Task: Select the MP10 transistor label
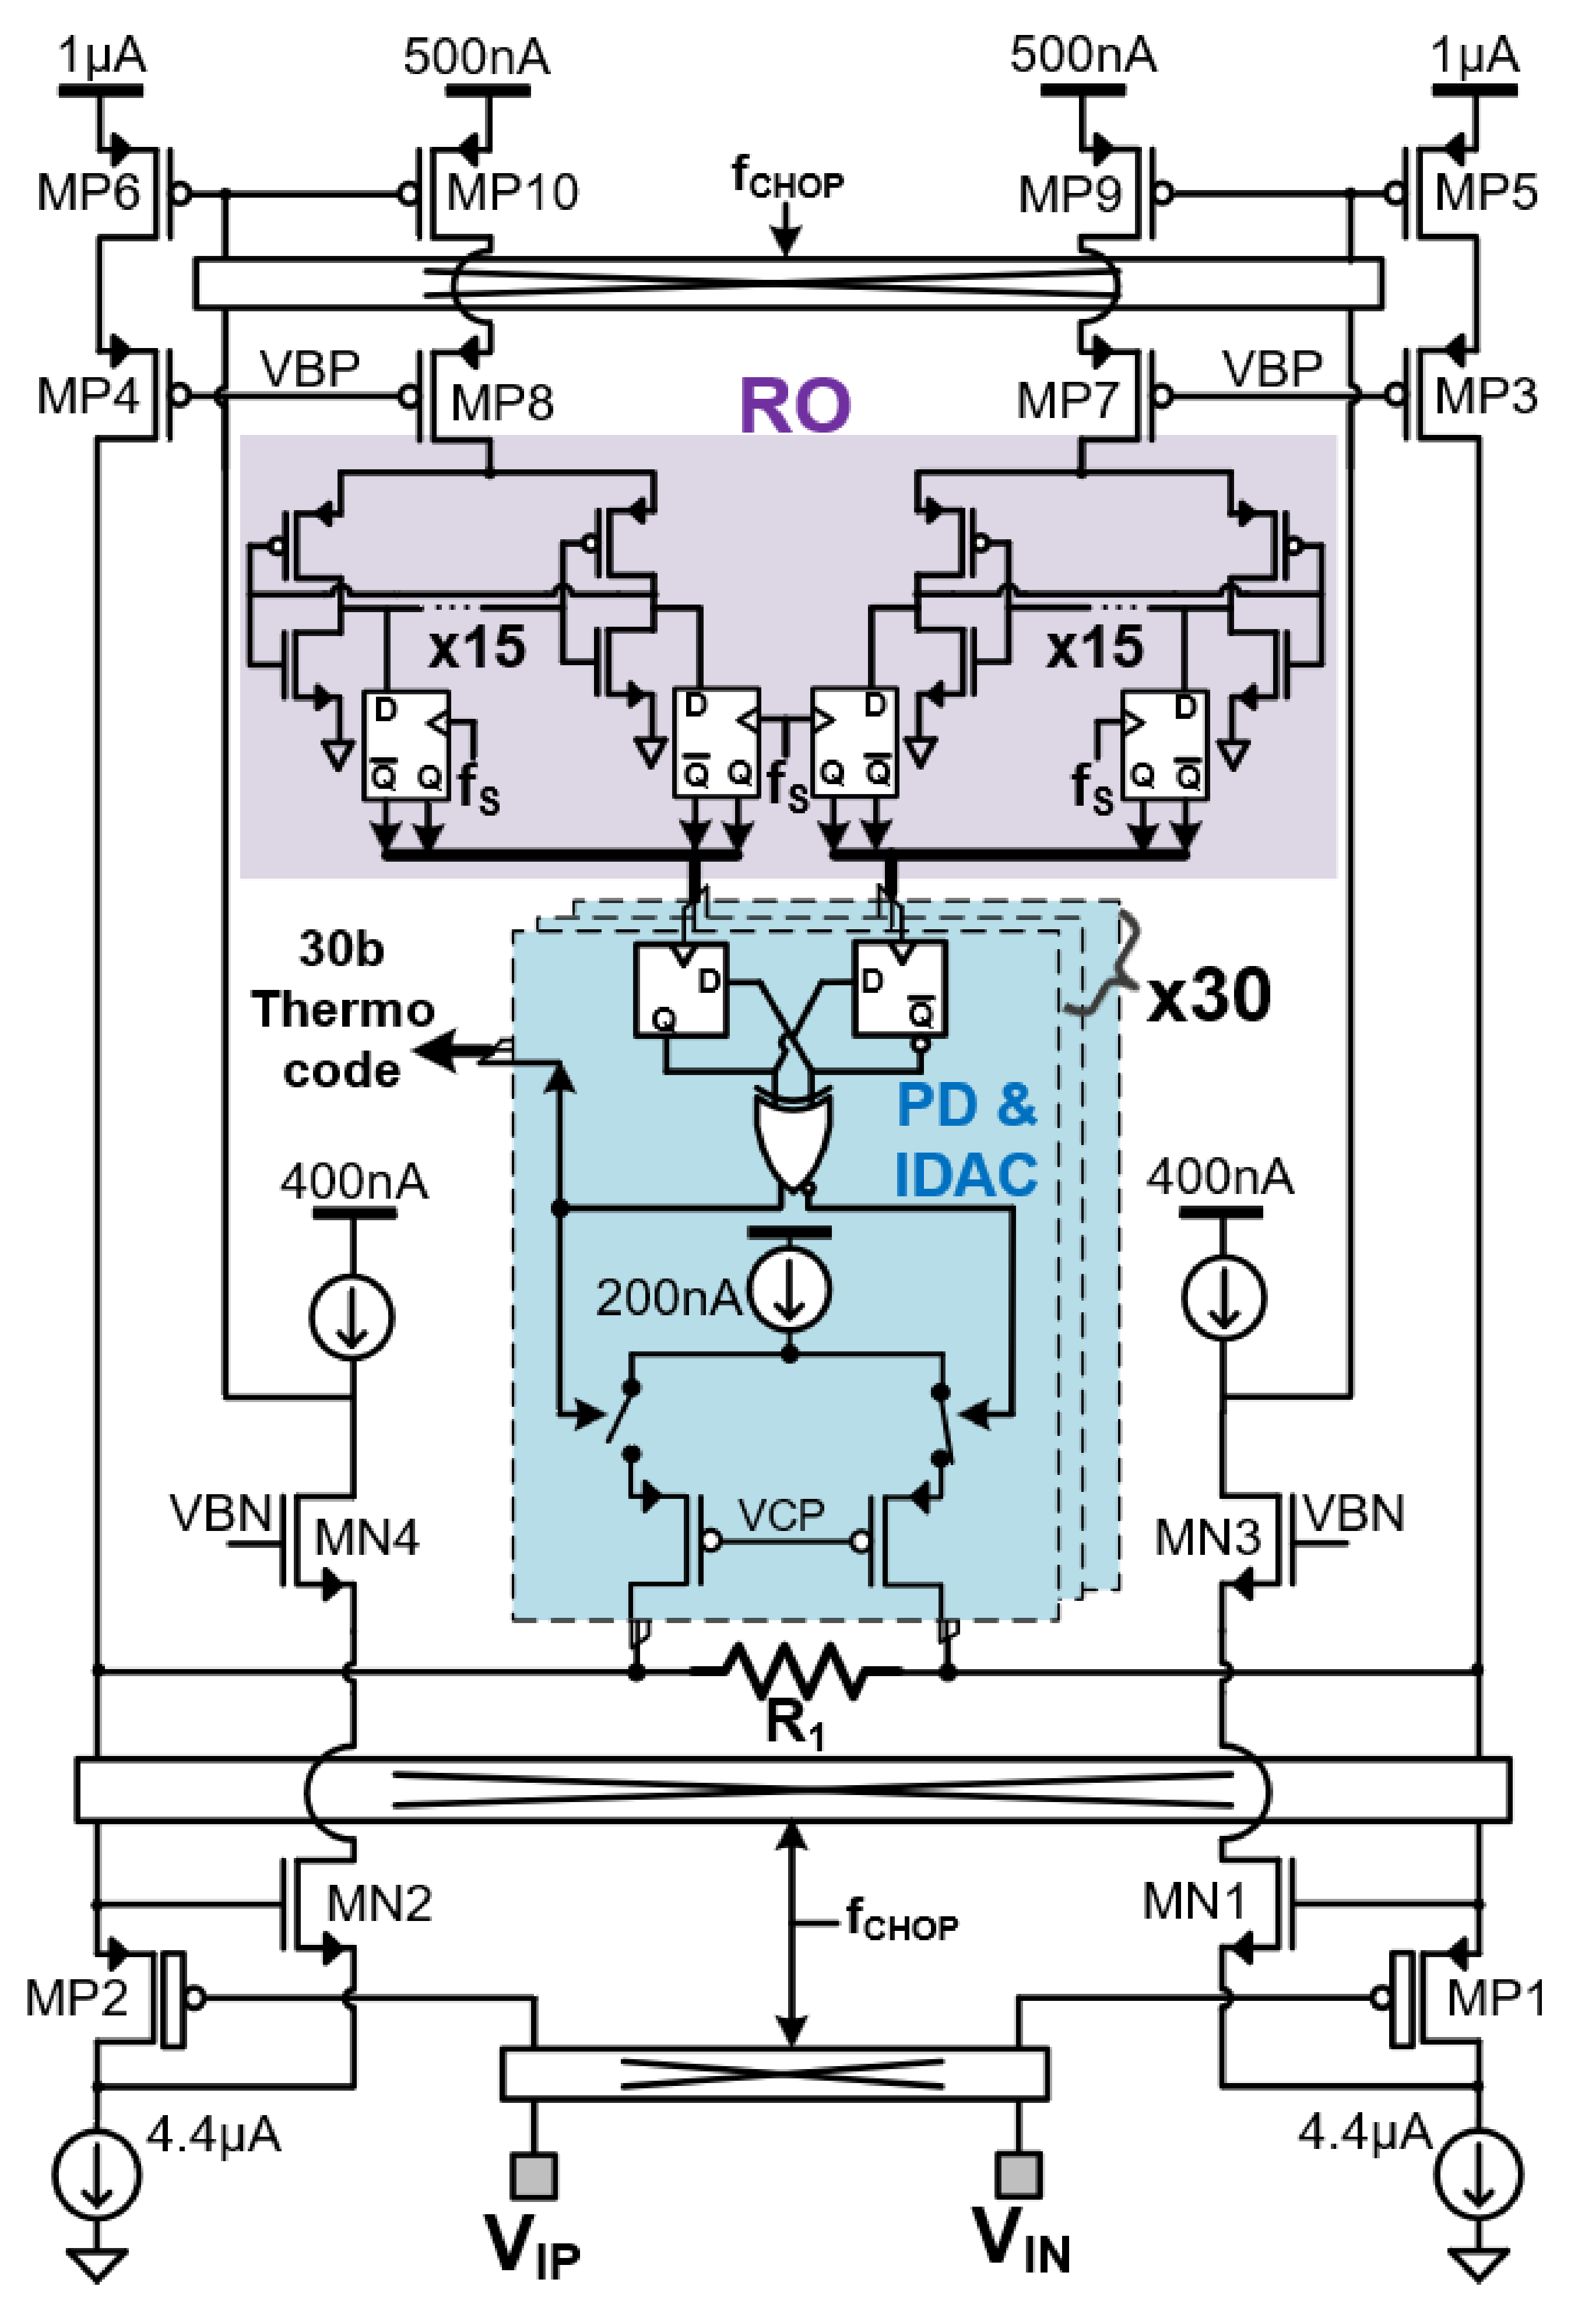click(x=512, y=191)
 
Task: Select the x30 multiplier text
click(x=1209, y=995)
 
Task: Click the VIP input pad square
click(x=533, y=2175)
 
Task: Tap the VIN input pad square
click(x=1018, y=2175)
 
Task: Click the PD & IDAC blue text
click(x=965, y=1139)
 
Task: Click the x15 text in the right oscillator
click(x=1094, y=647)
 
